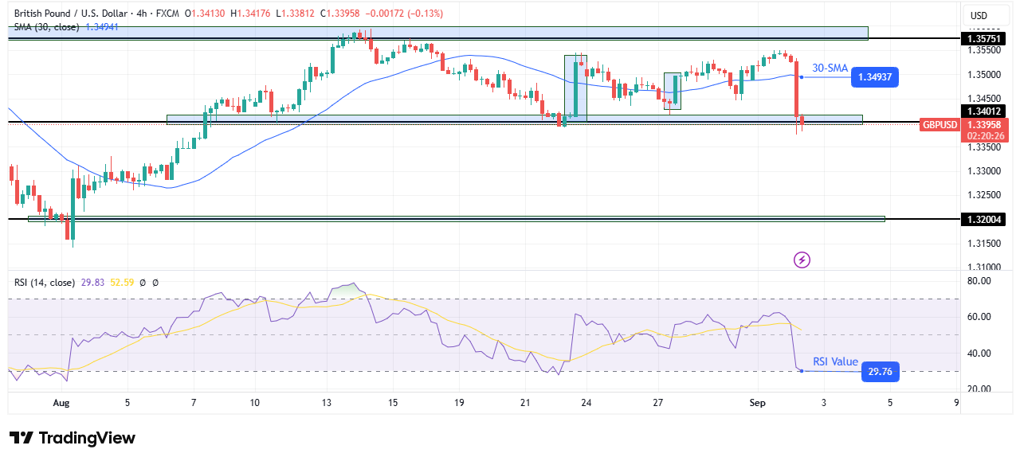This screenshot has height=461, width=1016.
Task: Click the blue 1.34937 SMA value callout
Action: pyautogui.click(x=875, y=76)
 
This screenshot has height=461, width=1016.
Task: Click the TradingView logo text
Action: pyautogui.click(x=73, y=438)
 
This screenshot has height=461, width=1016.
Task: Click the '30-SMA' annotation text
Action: pyautogui.click(x=830, y=68)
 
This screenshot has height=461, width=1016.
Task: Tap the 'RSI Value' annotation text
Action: pyautogui.click(x=835, y=362)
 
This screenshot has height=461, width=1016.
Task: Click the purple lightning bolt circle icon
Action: pyautogui.click(x=802, y=260)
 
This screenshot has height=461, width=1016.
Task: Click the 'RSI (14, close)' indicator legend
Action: pyautogui.click(x=45, y=282)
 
